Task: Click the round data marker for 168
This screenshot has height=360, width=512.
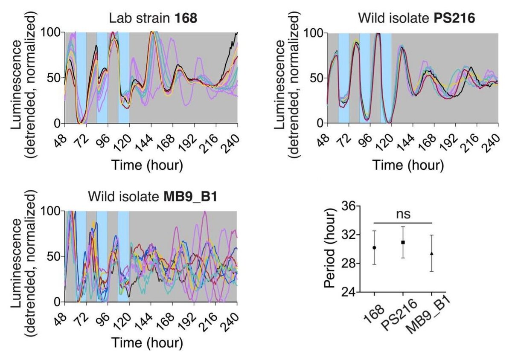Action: tap(374, 248)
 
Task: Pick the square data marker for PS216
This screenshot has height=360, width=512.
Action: tap(403, 242)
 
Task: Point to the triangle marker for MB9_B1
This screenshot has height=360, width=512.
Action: tap(431, 253)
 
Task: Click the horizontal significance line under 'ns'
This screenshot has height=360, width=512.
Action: tap(403, 223)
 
